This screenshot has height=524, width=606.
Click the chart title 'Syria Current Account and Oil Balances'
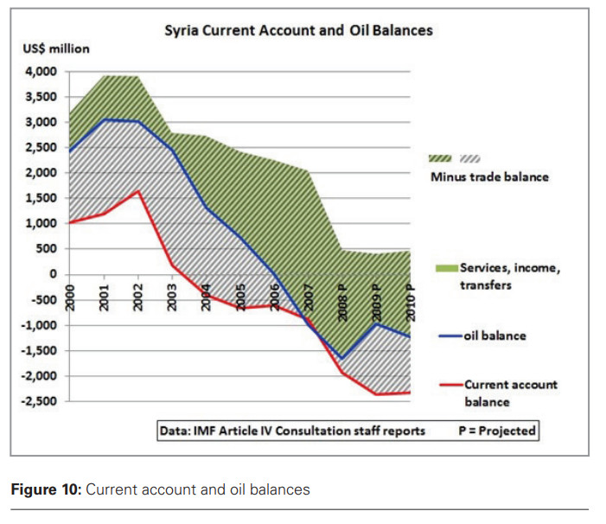298,30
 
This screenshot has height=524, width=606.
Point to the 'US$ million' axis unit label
55,49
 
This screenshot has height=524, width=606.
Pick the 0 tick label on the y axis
53,274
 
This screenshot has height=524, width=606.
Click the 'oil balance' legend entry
494,335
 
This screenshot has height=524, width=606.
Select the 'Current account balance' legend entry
510,393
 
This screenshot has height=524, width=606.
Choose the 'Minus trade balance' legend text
489,176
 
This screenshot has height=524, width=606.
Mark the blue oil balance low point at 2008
342,358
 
